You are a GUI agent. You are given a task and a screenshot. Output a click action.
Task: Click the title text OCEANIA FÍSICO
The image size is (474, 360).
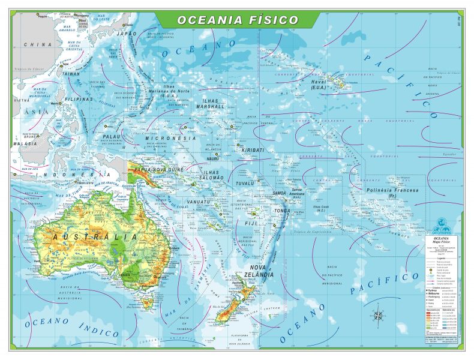coord(237,20)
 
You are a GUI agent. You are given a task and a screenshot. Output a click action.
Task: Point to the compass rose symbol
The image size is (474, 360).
coord(379,314)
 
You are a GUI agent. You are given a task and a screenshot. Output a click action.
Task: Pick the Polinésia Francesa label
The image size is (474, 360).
coord(392,193)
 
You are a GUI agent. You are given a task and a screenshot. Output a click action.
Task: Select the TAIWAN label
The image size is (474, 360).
coord(71,74)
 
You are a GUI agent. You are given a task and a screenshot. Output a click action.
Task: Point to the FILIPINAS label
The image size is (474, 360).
coord(79,99)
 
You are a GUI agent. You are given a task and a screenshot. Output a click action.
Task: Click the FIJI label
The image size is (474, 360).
coord(250,223)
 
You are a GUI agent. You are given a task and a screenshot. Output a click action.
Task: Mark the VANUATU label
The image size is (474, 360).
coord(199,202)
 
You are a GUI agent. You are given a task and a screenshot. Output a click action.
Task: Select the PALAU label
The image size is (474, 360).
coord(112,137)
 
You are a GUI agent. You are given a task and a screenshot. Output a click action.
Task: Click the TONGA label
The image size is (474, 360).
coord(281,211)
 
